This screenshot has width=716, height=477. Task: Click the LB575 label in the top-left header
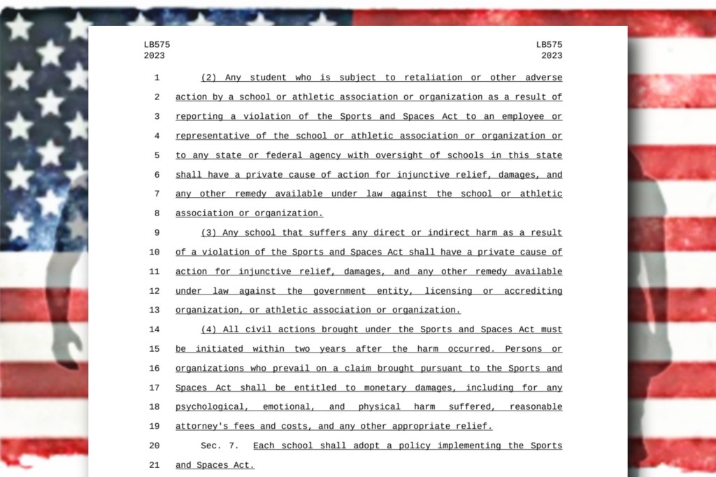point(157,45)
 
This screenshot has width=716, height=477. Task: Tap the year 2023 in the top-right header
point(551,56)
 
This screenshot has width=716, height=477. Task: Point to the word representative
point(217,136)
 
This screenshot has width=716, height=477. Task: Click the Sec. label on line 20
point(212,446)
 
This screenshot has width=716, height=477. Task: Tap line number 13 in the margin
point(155,311)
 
